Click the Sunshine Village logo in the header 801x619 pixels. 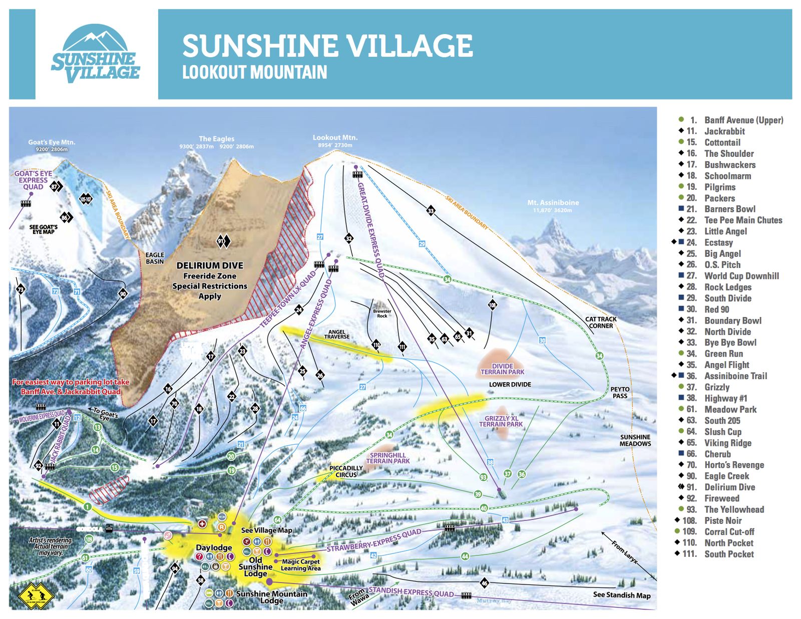95,54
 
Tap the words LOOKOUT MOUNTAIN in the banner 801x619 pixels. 254,72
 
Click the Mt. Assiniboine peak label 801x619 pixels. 553,205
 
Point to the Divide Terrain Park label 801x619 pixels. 502,369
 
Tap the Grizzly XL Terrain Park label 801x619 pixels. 501,421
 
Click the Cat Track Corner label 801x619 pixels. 601,322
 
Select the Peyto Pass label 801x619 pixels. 620,392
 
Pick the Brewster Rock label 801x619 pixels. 382,314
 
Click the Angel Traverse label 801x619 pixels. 336,334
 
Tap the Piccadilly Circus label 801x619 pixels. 346,471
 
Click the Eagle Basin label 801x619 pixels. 155,258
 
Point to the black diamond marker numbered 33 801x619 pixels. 431,210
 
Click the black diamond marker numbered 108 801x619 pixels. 492,304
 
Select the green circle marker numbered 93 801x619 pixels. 483,477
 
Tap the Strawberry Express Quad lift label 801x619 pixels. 374,541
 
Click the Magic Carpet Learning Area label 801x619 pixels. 300,565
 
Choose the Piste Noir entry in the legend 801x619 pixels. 723,521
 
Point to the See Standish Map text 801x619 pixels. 621,595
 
